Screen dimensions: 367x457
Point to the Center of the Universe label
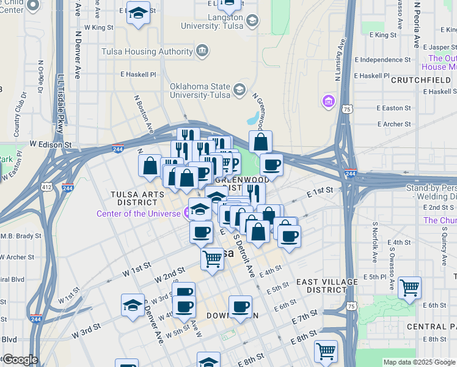pos(138,213)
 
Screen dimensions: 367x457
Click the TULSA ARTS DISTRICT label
pos(137,198)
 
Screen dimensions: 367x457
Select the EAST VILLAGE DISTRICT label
pos(326,286)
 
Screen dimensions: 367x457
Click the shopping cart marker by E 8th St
pos(326,351)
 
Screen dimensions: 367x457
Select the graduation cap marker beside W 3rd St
pos(133,305)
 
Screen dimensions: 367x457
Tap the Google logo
pos(20,360)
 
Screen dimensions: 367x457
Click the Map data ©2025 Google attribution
pos(419,362)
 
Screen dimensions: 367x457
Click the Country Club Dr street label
pos(20,114)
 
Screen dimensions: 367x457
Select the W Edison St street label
pos(51,144)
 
